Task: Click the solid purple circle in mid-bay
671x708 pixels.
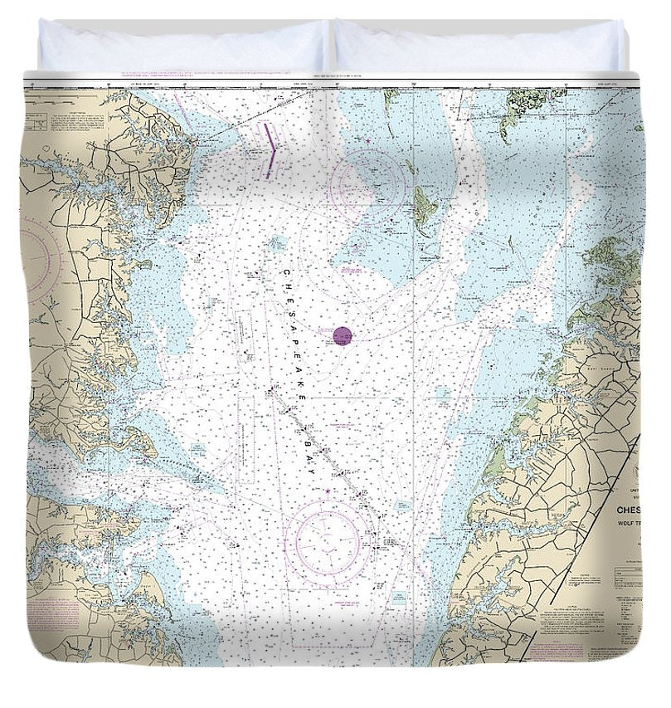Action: pyautogui.click(x=343, y=335)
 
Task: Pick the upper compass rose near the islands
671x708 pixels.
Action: pyautogui.click(x=367, y=184)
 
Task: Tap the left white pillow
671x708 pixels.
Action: pyautogui.click(x=182, y=46)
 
